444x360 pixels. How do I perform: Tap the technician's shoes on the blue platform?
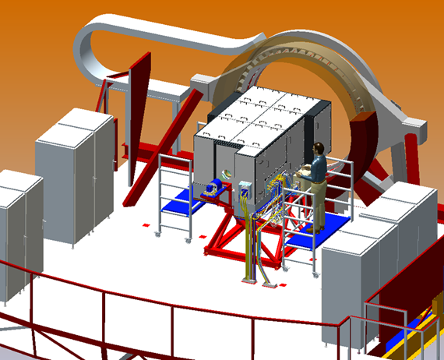319,228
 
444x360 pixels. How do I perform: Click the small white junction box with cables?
245,188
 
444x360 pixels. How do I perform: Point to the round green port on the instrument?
227,173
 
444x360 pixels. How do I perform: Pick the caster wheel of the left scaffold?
160,232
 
